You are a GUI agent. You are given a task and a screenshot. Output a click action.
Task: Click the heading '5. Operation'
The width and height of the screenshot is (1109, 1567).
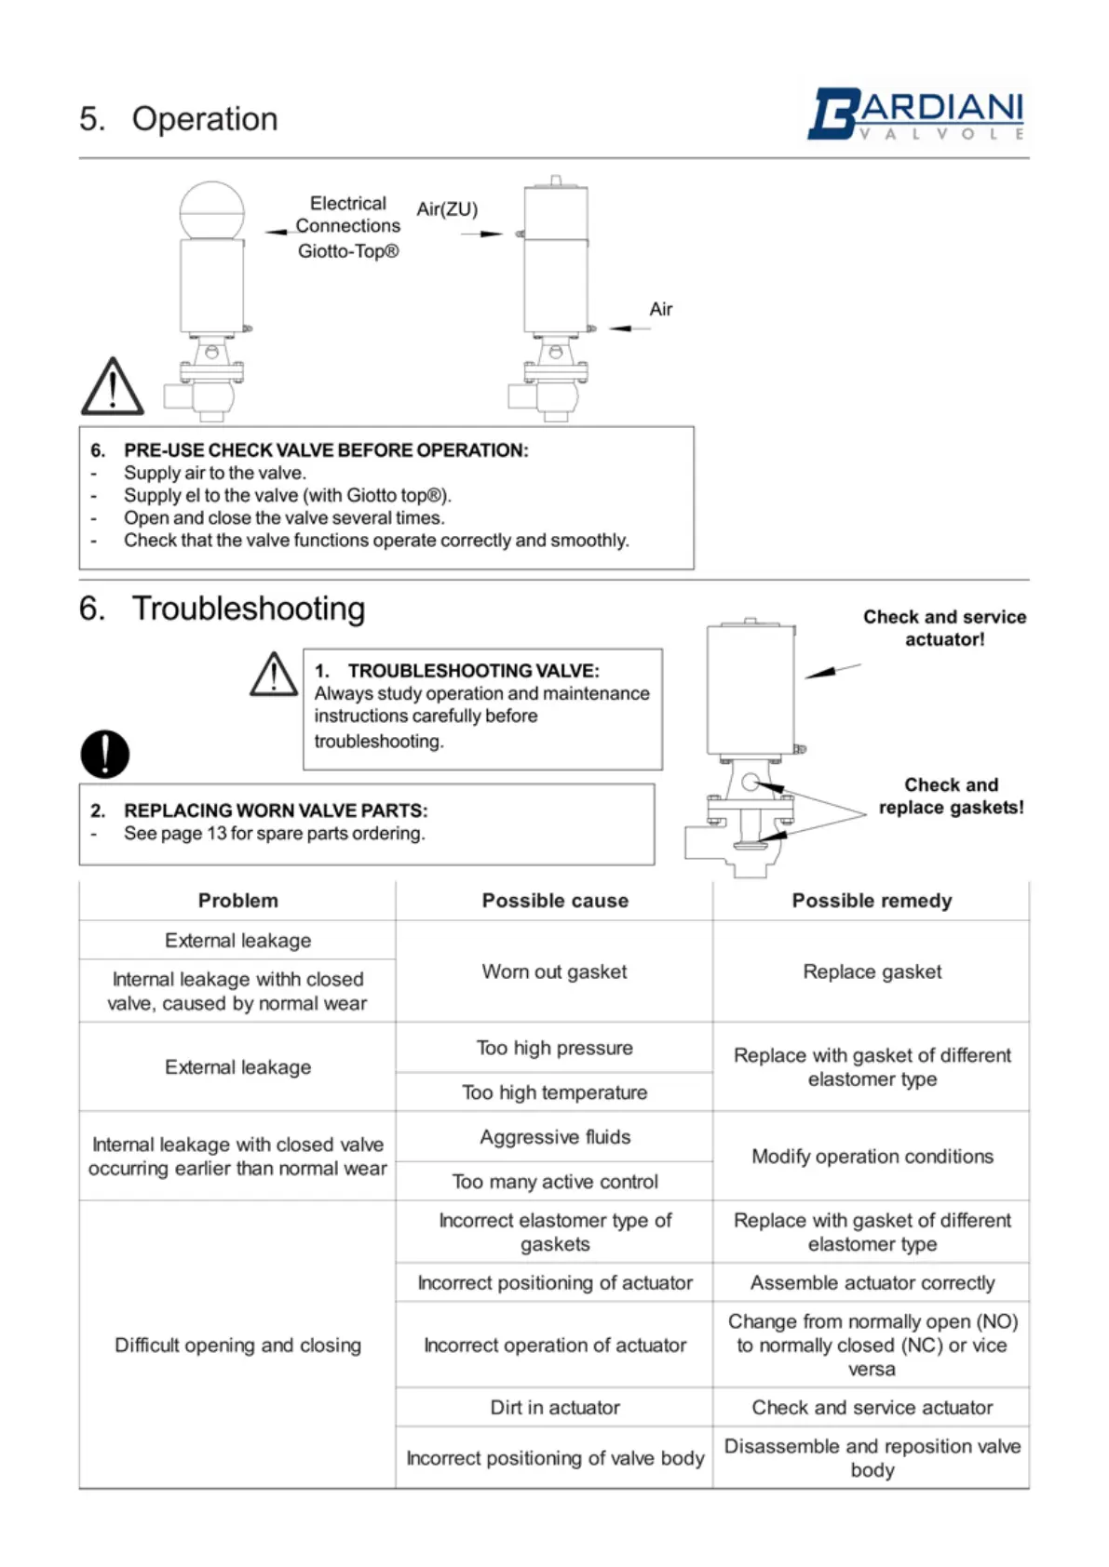pyautogui.click(x=179, y=119)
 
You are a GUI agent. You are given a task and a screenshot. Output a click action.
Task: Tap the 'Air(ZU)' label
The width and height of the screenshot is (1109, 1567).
pyautogui.click(x=447, y=208)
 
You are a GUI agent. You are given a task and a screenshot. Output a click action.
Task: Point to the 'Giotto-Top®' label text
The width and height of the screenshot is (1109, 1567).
pyautogui.click(x=348, y=251)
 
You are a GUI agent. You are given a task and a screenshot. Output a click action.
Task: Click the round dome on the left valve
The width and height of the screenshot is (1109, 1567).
pyautogui.click(x=212, y=210)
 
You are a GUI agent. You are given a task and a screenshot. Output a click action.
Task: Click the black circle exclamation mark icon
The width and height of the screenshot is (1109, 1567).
pyautogui.click(x=104, y=754)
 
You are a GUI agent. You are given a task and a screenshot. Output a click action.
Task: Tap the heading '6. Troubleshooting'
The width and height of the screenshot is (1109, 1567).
pyautogui.click(x=223, y=609)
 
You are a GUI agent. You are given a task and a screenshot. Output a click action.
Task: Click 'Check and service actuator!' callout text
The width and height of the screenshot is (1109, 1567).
pyautogui.click(x=944, y=628)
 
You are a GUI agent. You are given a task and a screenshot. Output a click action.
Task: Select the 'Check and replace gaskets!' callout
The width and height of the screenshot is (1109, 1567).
pyautogui.click(x=951, y=797)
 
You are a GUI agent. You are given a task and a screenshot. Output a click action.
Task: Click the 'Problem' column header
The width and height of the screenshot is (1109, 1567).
pyautogui.click(x=237, y=901)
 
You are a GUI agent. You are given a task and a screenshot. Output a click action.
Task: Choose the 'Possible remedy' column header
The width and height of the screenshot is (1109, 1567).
pyautogui.click(x=872, y=901)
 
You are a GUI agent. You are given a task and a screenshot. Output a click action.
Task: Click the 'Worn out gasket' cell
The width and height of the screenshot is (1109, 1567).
pyautogui.click(x=554, y=971)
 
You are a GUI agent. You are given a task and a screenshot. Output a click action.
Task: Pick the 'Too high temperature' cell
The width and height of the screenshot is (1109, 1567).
pyautogui.click(x=554, y=1092)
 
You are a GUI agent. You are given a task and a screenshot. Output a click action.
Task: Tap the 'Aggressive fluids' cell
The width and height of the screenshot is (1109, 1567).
pyautogui.click(x=555, y=1137)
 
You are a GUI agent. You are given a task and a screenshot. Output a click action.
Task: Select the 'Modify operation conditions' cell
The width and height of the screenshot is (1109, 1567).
pyautogui.click(x=872, y=1157)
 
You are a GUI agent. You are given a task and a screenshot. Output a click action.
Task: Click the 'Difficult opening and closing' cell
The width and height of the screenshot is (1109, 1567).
pyautogui.click(x=237, y=1346)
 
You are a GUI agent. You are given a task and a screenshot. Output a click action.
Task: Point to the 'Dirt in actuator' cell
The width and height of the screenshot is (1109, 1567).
pyautogui.click(x=554, y=1408)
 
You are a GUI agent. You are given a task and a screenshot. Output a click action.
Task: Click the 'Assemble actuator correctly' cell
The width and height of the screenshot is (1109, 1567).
pyautogui.click(x=872, y=1283)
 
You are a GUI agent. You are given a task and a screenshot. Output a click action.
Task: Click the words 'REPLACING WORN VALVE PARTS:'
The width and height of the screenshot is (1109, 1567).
pyautogui.click(x=276, y=810)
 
